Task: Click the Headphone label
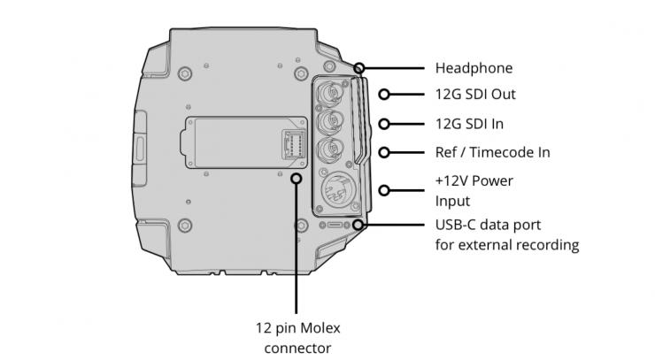[x=474, y=68]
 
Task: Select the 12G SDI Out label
[x=475, y=95]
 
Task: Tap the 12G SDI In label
[x=469, y=124]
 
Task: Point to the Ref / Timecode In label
[x=492, y=152]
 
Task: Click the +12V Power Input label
[x=474, y=191]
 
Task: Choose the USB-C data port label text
[x=507, y=234]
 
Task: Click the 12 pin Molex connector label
[x=297, y=338]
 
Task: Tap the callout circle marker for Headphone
[x=358, y=68]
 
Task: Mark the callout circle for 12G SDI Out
[x=384, y=95]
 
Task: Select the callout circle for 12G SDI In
[x=384, y=124]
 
